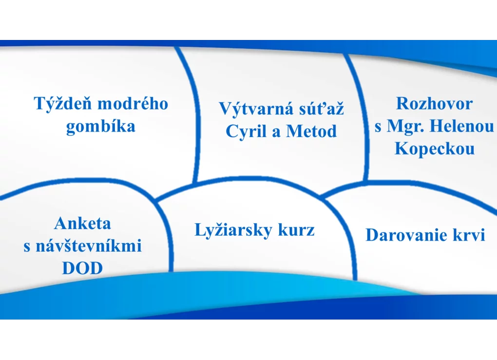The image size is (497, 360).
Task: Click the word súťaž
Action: pos(318,108)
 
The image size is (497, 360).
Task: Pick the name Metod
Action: pos(311,131)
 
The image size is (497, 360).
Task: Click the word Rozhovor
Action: pos(434,104)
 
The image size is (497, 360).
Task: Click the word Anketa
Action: pos(82,224)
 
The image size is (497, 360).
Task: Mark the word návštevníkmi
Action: pos(88,246)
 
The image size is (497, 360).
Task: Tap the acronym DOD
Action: pos(82,268)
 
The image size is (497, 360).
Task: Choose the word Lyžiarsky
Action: pos(233,230)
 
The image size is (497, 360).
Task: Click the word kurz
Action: pos(296,229)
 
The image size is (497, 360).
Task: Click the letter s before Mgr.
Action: pos(378,128)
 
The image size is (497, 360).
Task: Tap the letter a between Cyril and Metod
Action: pos(276,133)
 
